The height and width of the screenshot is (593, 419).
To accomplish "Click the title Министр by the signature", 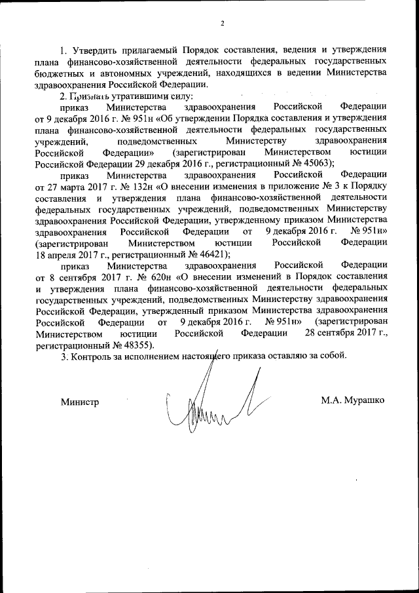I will tap(81, 401).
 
